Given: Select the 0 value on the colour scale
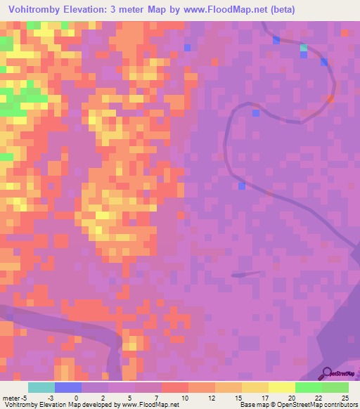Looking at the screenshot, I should (x=77, y=398).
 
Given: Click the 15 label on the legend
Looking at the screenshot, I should (x=237, y=398).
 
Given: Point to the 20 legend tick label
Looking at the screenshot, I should (x=290, y=398).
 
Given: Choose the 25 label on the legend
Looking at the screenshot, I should (x=344, y=398).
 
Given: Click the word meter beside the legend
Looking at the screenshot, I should (x=10, y=398).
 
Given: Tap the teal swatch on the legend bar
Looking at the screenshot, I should (x=41, y=387).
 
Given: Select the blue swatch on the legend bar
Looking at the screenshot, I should (x=68, y=387).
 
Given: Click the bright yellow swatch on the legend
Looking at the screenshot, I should (x=282, y=387).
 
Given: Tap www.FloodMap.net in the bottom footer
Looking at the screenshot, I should (x=150, y=405).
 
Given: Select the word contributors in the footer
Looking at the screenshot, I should (x=340, y=405).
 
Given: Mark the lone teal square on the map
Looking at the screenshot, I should (x=304, y=48).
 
